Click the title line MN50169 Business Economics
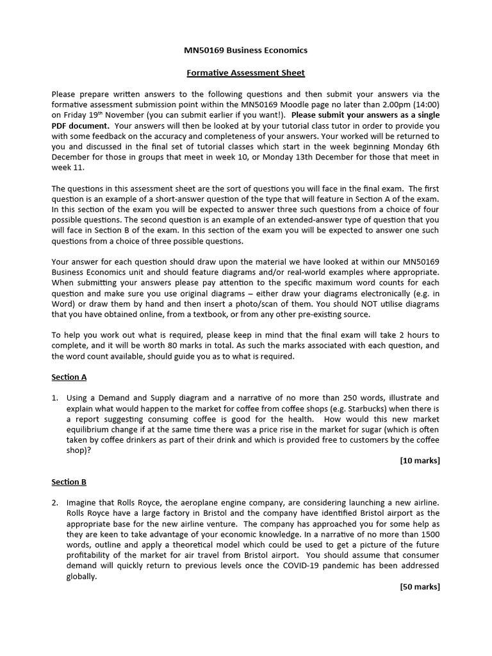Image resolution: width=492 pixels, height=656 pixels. [x=245, y=50]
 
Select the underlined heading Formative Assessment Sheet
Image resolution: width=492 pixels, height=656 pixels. [x=245, y=72]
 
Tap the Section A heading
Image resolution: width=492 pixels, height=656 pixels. [x=69, y=377]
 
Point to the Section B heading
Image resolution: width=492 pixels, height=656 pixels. [x=69, y=482]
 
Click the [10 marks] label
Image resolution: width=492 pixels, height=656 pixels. [x=420, y=461]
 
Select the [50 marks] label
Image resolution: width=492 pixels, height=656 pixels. [x=420, y=586]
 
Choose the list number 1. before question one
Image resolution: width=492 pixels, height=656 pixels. [x=56, y=398]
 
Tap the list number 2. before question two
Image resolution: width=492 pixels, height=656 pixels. [x=56, y=503]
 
